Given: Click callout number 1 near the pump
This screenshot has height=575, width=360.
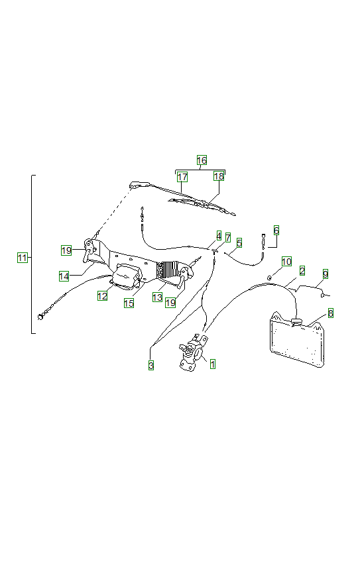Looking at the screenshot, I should click(213, 364).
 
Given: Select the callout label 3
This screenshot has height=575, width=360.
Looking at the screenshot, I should click(150, 365).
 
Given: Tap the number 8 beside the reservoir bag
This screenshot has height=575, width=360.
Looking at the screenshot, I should click(330, 313).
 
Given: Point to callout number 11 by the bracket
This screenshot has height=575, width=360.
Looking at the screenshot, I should click(23, 258).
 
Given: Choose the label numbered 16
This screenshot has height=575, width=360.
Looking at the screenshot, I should click(202, 160).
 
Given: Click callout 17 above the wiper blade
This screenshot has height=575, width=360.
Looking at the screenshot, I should click(182, 177).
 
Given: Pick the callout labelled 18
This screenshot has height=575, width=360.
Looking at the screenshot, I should click(219, 177).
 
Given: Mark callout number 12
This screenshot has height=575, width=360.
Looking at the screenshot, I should click(102, 296).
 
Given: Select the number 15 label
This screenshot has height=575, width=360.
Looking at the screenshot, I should click(129, 303).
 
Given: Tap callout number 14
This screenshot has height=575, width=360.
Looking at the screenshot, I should click(64, 276).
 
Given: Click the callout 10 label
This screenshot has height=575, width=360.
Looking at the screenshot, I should click(286, 262).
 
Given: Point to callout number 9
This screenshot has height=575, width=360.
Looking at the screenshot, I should click(325, 273).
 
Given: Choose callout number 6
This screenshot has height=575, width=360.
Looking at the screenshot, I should click(276, 230).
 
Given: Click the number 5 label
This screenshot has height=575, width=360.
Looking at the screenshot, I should click(239, 243).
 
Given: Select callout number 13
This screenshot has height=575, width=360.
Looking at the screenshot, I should click(157, 297).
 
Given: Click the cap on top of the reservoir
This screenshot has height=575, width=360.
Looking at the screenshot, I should click(296, 322).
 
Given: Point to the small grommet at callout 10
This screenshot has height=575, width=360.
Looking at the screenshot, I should click(270, 276).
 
